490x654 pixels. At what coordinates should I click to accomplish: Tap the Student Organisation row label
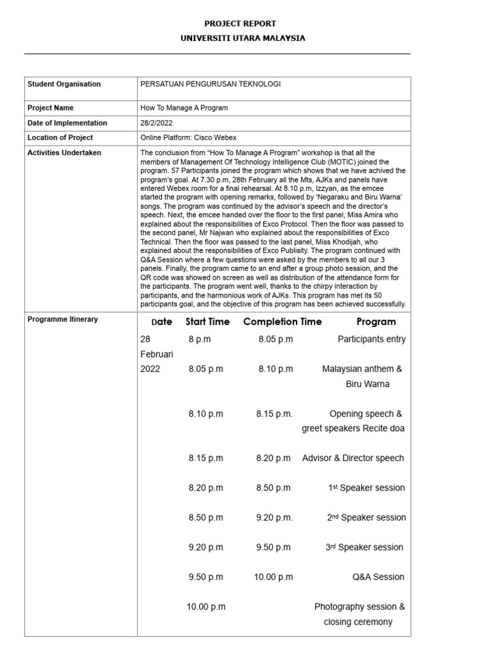[x=64, y=84]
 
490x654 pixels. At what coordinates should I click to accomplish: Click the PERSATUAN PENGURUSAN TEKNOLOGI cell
[x=210, y=84]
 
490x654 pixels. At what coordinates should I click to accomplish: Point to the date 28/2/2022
[x=156, y=123]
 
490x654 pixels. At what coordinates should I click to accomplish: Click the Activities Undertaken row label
[x=64, y=153]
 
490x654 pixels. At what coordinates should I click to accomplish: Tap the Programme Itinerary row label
[x=63, y=319]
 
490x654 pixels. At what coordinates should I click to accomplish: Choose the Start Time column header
[x=207, y=322]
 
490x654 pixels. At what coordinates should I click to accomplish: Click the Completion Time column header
[x=282, y=322]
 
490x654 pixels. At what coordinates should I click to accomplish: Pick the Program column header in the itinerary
[x=376, y=322]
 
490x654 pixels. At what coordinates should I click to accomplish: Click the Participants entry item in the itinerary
[x=371, y=339]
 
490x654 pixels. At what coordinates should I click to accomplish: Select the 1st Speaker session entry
[x=366, y=488]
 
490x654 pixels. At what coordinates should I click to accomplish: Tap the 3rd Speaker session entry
[x=365, y=547]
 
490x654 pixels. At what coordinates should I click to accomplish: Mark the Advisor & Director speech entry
[x=353, y=458]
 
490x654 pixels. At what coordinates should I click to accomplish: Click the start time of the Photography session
[x=205, y=607]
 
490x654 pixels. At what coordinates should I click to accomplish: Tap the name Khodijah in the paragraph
[x=361, y=243]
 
